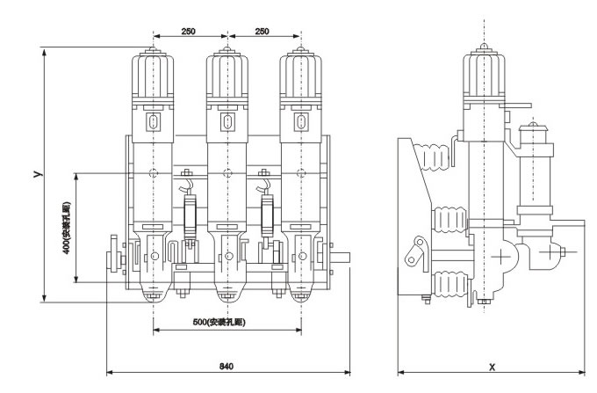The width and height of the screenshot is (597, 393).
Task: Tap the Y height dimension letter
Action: pyautogui.click(x=37, y=175)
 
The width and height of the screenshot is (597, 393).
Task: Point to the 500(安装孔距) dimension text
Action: pyautogui.click(x=218, y=322)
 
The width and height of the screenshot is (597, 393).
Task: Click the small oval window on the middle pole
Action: pyautogui.click(x=227, y=120)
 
